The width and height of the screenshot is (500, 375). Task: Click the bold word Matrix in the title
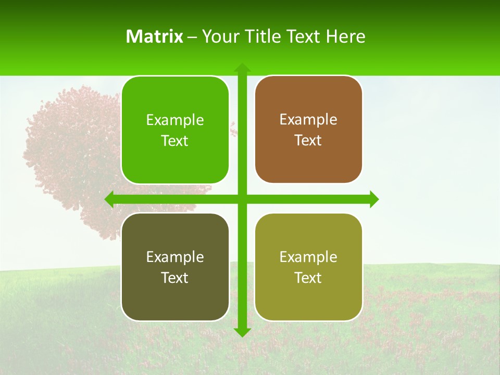coord(155,36)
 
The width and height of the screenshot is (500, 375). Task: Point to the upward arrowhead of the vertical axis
coord(242,68)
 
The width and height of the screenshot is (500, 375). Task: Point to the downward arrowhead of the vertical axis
coord(242,332)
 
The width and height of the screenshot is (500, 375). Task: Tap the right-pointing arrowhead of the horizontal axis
coord(374,199)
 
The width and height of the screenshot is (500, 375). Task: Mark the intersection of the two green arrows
coord(242,199)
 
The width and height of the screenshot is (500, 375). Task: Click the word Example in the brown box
coord(308,119)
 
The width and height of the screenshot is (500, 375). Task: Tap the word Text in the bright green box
coord(175,141)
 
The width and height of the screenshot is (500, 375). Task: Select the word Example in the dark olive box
coord(175,257)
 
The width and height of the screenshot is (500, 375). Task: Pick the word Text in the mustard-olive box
coord(308,278)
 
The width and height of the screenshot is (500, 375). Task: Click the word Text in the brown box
coord(308,140)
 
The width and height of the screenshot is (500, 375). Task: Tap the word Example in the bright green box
coord(175,120)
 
